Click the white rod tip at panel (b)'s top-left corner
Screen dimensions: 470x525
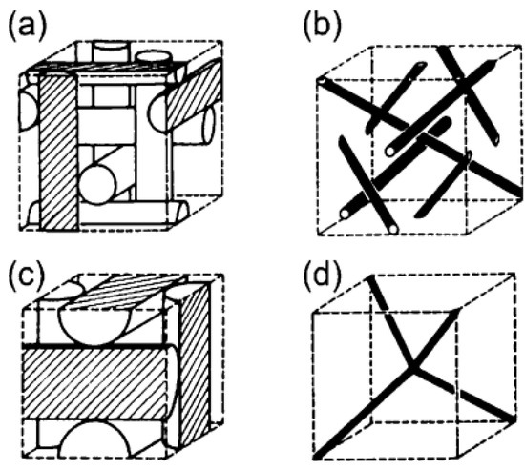point(324,83)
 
